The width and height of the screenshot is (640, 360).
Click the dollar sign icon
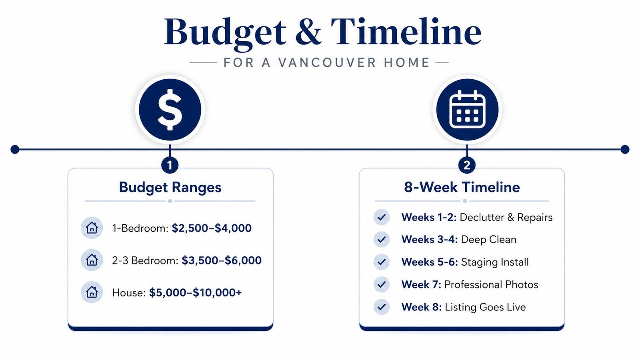[170, 110]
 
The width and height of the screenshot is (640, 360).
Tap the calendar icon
[467, 110]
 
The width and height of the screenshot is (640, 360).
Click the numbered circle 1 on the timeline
[170, 165]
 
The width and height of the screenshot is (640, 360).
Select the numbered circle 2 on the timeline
[467, 165]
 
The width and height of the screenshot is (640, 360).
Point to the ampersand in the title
[308, 32]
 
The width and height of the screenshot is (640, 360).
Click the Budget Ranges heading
[170, 188]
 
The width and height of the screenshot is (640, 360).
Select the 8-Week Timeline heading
[462, 188]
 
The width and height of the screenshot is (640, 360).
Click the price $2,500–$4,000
[212, 228]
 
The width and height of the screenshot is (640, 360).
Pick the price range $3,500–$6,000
[222, 260]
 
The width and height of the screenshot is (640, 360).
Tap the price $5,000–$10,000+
[196, 293]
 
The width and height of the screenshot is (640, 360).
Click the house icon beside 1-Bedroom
[92, 228]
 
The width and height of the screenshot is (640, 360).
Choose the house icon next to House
[92, 292]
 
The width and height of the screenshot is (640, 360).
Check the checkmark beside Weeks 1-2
[382, 218]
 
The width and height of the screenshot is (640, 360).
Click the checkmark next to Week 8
[382, 307]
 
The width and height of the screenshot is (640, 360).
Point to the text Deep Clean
[488, 240]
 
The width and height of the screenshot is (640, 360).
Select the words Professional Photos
[491, 284]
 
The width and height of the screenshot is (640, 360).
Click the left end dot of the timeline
[15, 150]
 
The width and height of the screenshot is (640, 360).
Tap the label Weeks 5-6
[430, 262]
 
